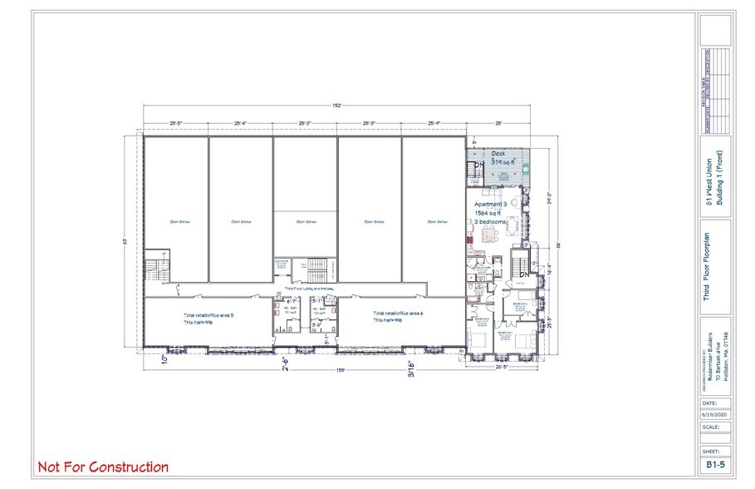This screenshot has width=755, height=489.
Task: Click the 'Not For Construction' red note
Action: click(103, 467)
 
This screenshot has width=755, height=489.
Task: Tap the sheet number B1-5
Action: click(715, 465)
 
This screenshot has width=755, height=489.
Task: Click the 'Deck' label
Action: click(498, 154)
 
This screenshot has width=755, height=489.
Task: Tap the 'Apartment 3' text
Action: click(490, 205)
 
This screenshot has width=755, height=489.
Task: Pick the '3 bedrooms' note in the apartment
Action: click(491, 222)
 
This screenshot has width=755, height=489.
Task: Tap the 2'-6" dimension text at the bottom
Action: click(285, 362)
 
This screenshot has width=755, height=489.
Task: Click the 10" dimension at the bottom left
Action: click(148, 362)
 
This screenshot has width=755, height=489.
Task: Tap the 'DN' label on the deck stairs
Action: click(478, 168)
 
